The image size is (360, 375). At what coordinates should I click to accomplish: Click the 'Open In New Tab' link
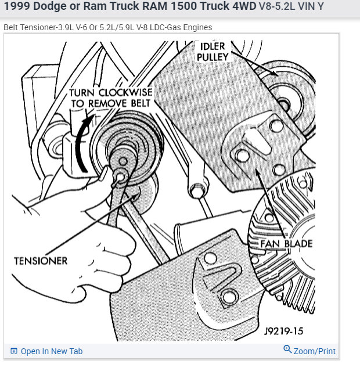pyautogui.click(x=51, y=351)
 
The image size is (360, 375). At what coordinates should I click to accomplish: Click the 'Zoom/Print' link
pyautogui.click(x=314, y=351)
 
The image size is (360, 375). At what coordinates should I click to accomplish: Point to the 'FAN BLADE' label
pyautogui.click(x=286, y=244)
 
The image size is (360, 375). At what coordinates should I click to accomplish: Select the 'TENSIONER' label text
pyautogui.click(x=41, y=261)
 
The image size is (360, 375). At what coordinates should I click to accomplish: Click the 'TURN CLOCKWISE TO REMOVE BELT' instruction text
pyautogui.click(x=110, y=98)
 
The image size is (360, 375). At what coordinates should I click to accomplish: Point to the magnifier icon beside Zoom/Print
pyautogui.click(x=287, y=349)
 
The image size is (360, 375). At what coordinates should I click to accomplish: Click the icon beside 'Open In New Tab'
pyautogui.click(x=14, y=351)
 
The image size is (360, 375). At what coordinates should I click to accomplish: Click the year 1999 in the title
pyautogui.click(x=16, y=8)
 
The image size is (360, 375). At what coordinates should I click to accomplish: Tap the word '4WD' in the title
pyautogui.click(x=239, y=8)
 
